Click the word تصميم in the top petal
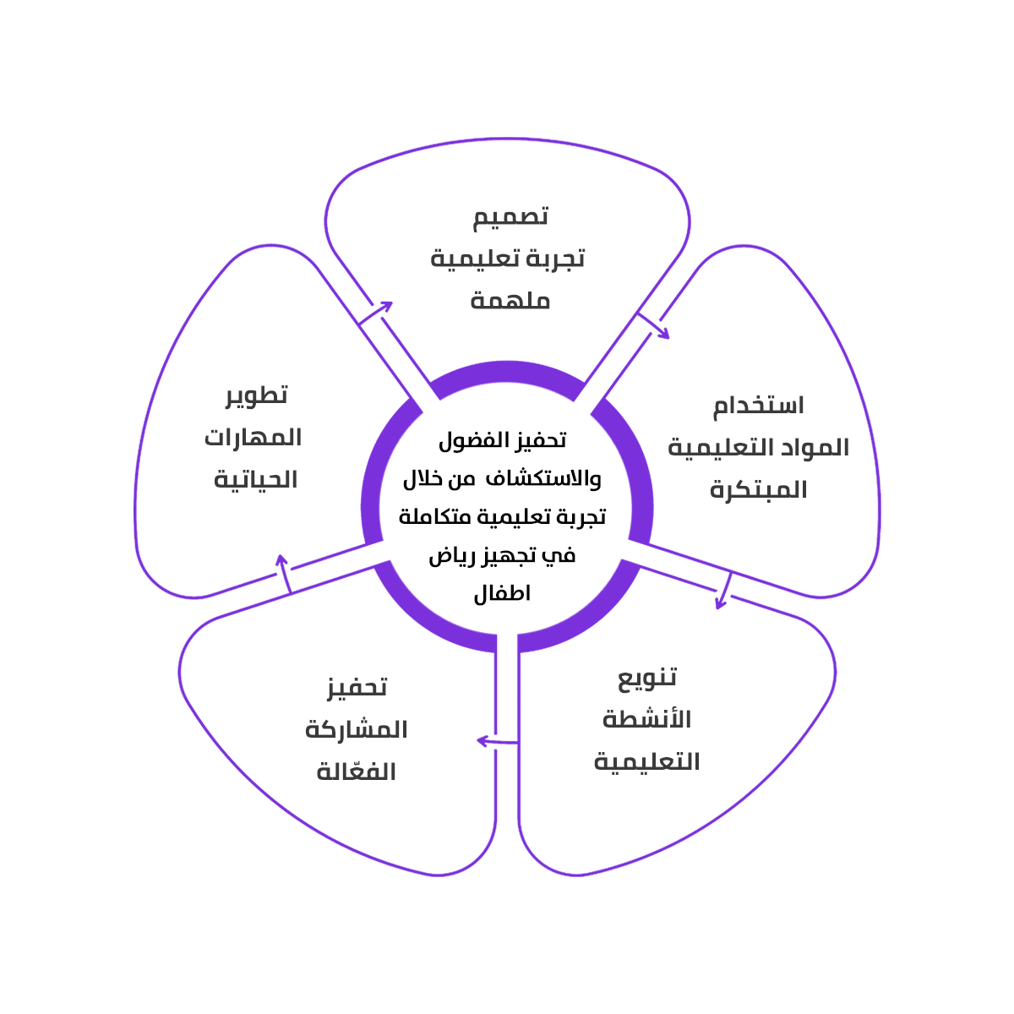[x=510, y=217]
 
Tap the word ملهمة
[x=510, y=301]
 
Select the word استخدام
[x=758, y=406]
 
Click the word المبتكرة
[x=758, y=490]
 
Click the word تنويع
[x=647, y=678]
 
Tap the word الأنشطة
[x=647, y=720]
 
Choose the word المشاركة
[x=357, y=729]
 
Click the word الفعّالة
[x=357, y=771]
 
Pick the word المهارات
[x=253, y=438]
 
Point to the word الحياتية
[x=255, y=480]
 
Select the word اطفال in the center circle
[x=502, y=593]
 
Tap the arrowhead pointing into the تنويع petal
[x=720, y=603]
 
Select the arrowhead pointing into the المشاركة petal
[x=482, y=741]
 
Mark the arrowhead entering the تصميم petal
[x=386, y=305]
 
